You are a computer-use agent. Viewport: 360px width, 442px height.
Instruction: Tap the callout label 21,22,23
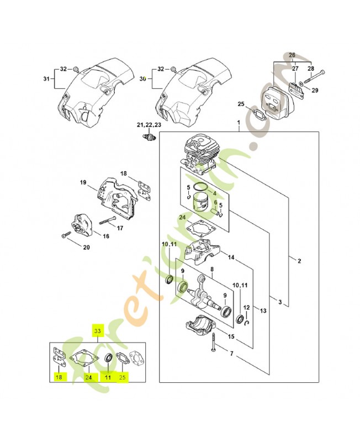pyautogui.click(x=150, y=125)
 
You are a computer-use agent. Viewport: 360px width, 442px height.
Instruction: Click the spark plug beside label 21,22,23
pyautogui.click(x=147, y=136)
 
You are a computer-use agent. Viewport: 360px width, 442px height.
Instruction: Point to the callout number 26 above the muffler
pyautogui.click(x=292, y=55)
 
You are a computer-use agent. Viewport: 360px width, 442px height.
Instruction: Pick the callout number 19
pyautogui.click(x=83, y=183)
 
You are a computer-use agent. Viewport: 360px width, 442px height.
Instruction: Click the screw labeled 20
pyautogui.click(x=66, y=235)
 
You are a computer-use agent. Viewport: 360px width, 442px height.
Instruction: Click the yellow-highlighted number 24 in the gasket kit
pyautogui.click(x=88, y=378)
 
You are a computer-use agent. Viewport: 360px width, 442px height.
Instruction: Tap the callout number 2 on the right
pyautogui.click(x=299, y=261)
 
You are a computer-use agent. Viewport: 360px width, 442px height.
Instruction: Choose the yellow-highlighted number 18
pyautogui.click(x=57, y=378)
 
